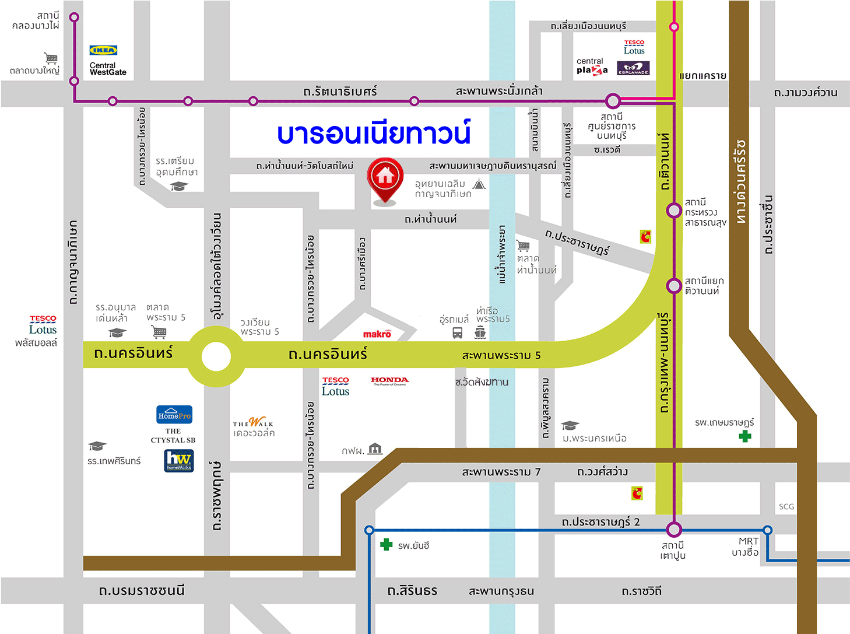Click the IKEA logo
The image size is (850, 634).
click(x=103, y=50)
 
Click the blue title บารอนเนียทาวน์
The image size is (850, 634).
click(x=373, y=134)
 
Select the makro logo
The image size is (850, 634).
click(x=377, y=334)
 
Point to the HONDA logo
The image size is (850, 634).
click(x=389, y=381)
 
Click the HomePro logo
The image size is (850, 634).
click(x=174, y=415)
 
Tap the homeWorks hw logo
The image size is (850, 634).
click(x=179, y=460)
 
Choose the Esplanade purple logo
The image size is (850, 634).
click(x=633, y=68)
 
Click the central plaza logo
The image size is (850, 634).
click(x=592, y=66)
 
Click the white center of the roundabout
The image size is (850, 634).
click(x=216, y=356)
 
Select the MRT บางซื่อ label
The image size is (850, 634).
click(x=746, y=547)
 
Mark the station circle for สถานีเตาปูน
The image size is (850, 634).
click(x=674, y=530)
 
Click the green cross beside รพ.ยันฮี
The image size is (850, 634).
click(x=386, y=545)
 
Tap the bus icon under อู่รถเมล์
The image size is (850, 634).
click(x=458, y=333)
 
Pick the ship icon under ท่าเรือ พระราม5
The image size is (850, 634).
click(x=480, y=332)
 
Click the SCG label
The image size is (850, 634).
click(x=786, y=506)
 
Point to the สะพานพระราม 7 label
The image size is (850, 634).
click(x=501, y=471)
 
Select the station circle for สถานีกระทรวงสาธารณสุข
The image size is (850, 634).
click(x=674, y=210)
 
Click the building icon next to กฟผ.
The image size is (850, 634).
click(x=375, y=449)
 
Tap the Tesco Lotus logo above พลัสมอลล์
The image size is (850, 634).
click(x=43, y=325)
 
